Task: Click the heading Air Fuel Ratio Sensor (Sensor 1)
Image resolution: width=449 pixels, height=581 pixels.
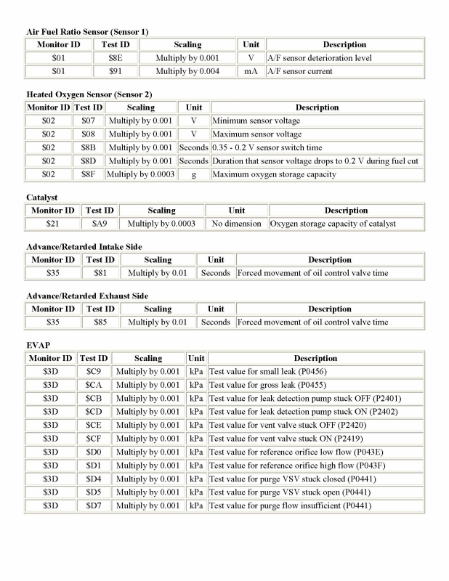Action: click(87, 32)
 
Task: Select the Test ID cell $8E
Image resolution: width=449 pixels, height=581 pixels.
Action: click(114, 58)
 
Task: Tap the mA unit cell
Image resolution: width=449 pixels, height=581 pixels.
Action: click(251, 71)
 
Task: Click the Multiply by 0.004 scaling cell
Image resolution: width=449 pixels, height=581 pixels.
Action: click(188, 71)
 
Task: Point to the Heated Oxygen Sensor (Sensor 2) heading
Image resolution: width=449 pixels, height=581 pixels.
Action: click(89, 94)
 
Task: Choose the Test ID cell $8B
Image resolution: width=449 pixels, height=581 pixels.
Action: click(88, 147)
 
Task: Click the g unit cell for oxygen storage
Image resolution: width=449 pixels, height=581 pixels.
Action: click(194, 174)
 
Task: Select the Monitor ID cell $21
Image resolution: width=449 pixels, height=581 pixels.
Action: click(54, 224)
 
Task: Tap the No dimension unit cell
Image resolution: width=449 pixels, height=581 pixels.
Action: click(237, 224)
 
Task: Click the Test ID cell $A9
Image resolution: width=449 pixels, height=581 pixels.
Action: click(100, 224)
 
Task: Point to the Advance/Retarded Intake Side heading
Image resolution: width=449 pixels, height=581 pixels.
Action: click(84, 247)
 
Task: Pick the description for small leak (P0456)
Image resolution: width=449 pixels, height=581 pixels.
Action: click(269, 372)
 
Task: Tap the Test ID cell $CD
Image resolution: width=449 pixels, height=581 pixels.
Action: click(93, 412)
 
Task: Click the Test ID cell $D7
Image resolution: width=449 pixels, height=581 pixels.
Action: click(93, 505)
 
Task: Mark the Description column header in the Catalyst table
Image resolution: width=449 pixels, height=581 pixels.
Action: click(346, 211)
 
